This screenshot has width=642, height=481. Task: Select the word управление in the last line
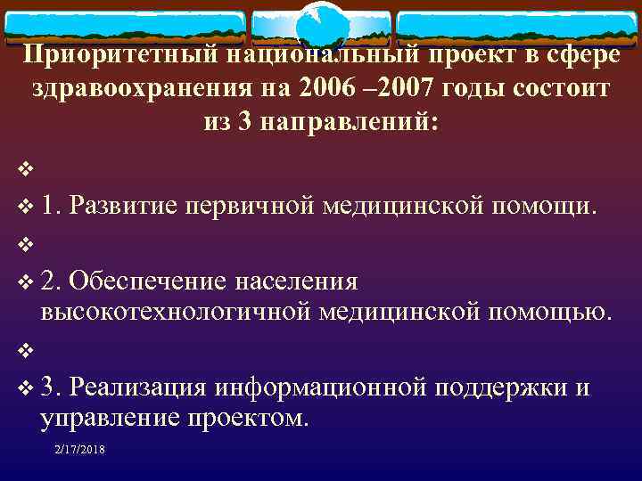106,418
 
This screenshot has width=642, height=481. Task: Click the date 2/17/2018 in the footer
79,451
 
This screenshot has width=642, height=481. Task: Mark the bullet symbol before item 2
23,283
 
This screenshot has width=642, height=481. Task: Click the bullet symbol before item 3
23,388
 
